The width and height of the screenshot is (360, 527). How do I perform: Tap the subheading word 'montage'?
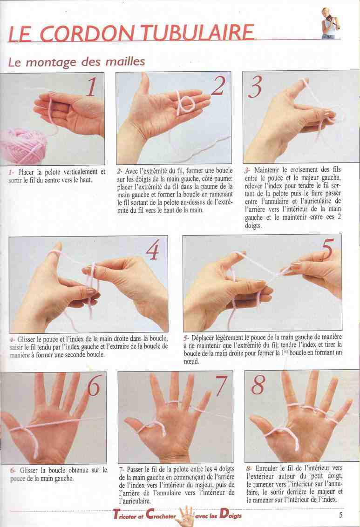point(51,62)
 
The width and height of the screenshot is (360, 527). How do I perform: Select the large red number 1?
point(91,87)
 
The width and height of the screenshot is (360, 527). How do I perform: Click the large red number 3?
point(256,87)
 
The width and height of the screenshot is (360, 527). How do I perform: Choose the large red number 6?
point(94,386)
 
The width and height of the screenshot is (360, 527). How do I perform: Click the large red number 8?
point(258,385)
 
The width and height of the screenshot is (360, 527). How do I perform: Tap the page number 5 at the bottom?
point(340,514)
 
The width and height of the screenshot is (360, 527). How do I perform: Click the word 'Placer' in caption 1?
point(26,172)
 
